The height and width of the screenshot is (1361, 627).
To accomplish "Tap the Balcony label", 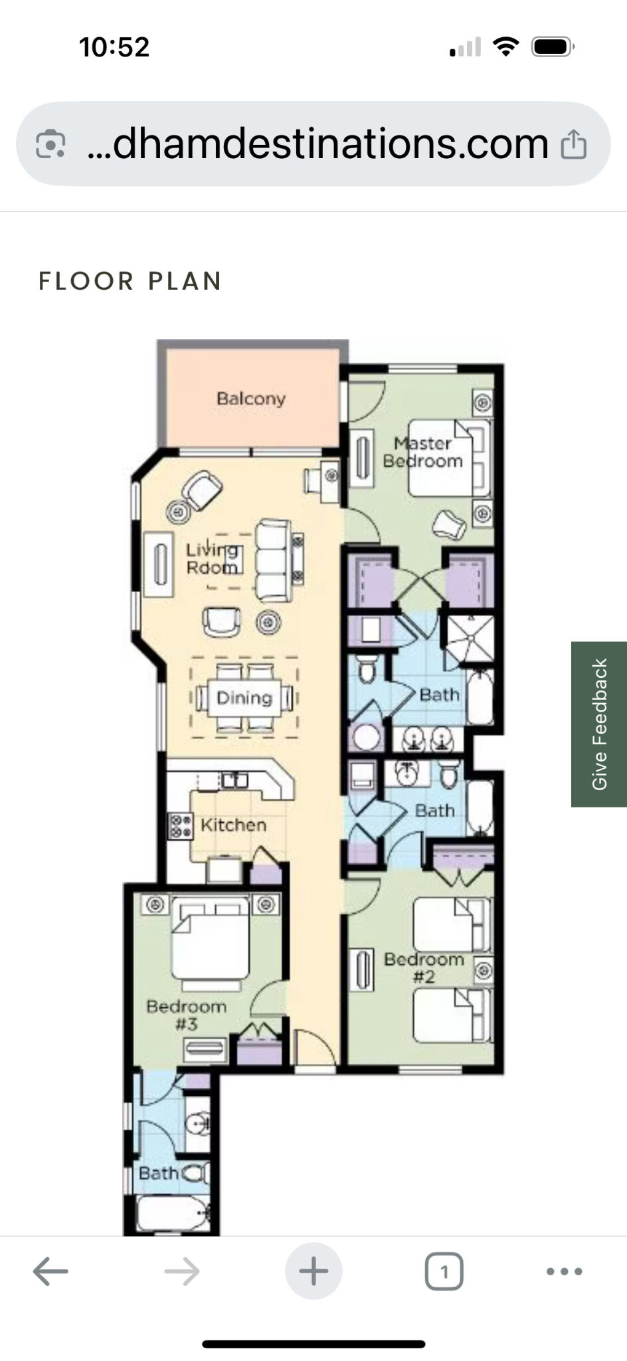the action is pyautogui.click(x=251, y=399).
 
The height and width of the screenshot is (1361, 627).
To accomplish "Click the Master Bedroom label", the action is pyautogui.click(x=422, y=452).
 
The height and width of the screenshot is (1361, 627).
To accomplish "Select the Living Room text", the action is pyautogui.click(x=212, y=558).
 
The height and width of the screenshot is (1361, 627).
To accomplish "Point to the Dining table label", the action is pyautogui.click(x=244, y=698).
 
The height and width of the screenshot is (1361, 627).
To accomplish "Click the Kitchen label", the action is pyautogui.click(x=233, y=825).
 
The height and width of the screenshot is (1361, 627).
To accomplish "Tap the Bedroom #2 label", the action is pyautogui.click(x=424, y=968).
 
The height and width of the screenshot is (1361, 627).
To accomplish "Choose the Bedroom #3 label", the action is pyautogui.click(x=187, y=1015).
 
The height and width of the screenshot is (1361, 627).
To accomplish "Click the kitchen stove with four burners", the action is pyautogui.click(x=180, y=826).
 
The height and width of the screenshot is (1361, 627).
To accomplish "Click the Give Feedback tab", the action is pyautogui.click(x=599, y=724).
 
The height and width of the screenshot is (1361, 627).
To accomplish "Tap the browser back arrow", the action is pyautogui.click(x=50, y=1271).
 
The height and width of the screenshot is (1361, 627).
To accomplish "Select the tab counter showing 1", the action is pyautogui.click(x=444, y=1271).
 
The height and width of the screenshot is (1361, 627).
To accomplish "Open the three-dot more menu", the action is pyautogui.click(x=564, y=1271).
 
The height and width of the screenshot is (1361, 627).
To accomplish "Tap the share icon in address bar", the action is pyautogui.click(x=573, y=144).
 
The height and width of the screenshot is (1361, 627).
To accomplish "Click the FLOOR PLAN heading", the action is pyautogui.click(x=130, y=281).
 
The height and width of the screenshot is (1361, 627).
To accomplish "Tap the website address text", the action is pyautogui.click(x=318, y=143).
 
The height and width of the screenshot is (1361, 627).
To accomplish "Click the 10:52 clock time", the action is pyautogui.click(x=114, y=47).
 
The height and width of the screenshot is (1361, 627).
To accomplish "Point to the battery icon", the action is pyautogui.click(x=553, y=47).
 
